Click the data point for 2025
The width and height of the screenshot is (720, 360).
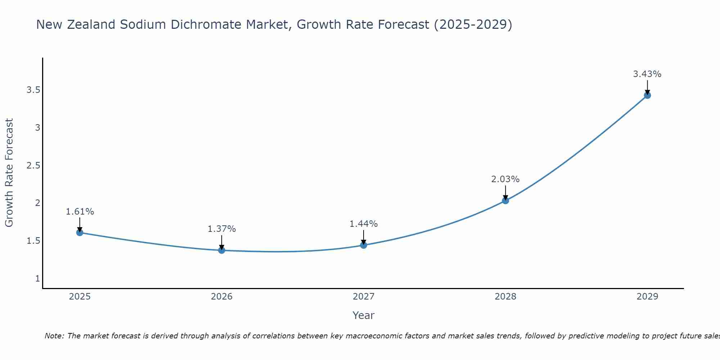(x=80, y=233)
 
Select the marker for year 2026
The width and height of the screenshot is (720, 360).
(x=222, y=250)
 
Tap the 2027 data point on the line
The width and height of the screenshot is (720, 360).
(x=364, y=245)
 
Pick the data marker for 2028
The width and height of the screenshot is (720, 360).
(x=505, y=201)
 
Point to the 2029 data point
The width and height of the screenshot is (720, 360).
(x=647, y=95)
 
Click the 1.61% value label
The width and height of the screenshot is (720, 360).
(x=80, y=212)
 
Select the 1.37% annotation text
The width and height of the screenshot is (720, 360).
(x=222, y=229)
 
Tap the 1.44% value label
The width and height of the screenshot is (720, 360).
(x=364, y=224)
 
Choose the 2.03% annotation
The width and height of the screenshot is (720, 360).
(x=505, y=179)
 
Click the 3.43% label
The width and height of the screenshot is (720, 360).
(x=647, y=74)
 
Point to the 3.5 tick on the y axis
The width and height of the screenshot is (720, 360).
(x=33, y=90)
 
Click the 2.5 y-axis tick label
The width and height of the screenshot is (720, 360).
(x=33, y=166)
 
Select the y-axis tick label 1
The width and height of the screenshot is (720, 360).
(x=37, y=279)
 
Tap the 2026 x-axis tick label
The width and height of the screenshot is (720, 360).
(x=222, y=297)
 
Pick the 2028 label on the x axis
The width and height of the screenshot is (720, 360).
(x=505, y=297)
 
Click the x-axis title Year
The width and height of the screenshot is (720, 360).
(x=364, y=315)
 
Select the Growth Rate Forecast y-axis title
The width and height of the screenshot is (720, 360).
(x=9, y=173)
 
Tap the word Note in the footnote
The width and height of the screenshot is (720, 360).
(x=54, y=336)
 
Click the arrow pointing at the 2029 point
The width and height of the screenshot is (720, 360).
(x=647, y=87)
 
